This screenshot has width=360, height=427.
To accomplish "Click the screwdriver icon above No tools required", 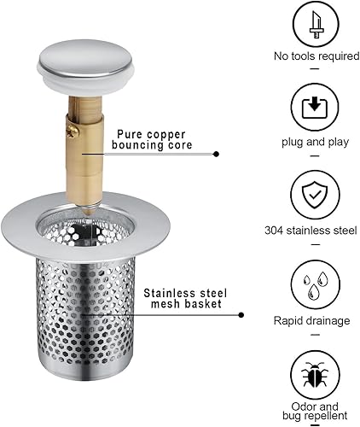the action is coord(316,25).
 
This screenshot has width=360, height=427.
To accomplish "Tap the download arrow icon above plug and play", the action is coord(315,108).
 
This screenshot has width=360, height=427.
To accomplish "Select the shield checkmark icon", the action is coord(315,196).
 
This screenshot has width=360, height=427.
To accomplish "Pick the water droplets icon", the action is coord(316,284).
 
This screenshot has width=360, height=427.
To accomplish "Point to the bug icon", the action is coord(315,375).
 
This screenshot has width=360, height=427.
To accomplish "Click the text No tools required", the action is coord(316,56).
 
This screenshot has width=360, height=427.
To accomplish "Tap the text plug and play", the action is coord(315,142).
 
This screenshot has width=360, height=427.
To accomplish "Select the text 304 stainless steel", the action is coord(311,230).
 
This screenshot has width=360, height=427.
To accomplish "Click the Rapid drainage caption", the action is coord(311,321).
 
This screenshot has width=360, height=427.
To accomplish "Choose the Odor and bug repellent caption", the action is coord(315,411).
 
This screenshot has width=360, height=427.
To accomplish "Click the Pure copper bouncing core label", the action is coord(152,139).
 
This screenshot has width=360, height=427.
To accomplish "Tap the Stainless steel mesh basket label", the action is coord(185,298).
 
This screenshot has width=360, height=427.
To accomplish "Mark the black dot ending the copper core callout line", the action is coord(217,154).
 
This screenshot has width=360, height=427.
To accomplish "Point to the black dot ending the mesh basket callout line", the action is coord(241,315).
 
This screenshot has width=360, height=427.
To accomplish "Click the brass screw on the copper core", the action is coord(71,132).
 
